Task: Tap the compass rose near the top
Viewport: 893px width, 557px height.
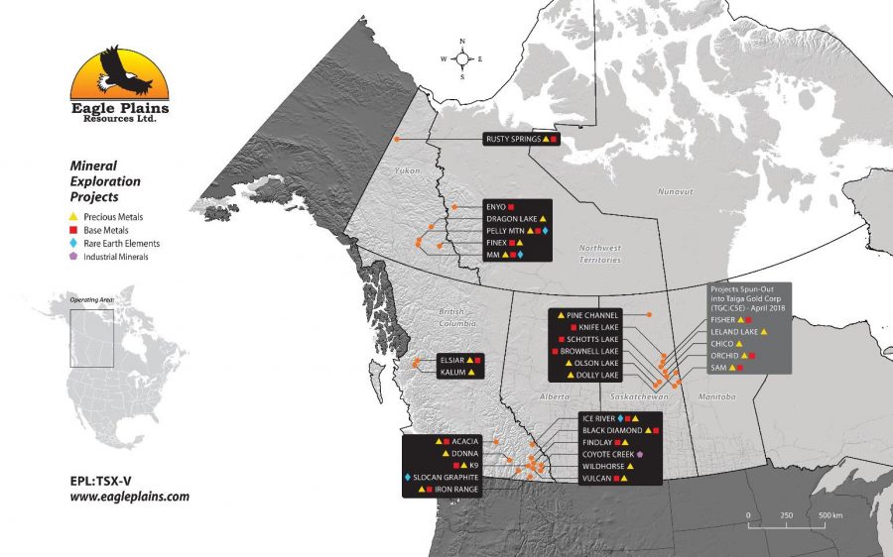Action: click(463, 59)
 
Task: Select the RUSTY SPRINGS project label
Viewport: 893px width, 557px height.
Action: click(513, 140)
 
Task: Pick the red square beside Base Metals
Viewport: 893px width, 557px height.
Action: click(73, 230)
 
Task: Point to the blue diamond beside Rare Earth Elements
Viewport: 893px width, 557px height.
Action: click(73, 244)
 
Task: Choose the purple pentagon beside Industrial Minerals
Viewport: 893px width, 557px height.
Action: click(73, 257)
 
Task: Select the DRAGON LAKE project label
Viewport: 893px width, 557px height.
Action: click(512, 218)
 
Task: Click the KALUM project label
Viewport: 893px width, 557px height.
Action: click(452, 373)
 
